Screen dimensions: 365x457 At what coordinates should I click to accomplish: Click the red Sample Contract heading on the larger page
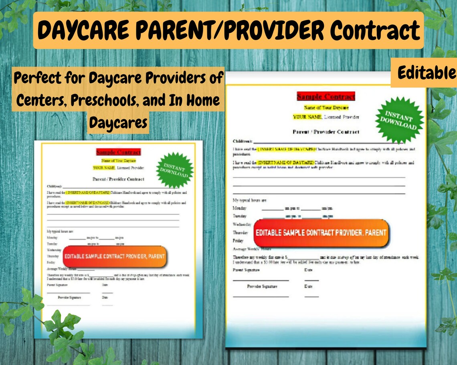[326, 96]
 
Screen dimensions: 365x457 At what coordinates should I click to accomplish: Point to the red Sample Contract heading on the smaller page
[119, 152]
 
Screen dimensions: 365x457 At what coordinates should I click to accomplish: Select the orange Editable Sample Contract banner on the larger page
[321, 233]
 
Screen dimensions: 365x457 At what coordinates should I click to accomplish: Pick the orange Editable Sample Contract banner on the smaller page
[115, 257]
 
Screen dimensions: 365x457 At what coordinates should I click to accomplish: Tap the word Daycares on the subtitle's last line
[118, 123]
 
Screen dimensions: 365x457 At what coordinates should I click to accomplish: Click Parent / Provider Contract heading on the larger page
[326, 132]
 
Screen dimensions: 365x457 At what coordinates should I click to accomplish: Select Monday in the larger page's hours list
[239, 208]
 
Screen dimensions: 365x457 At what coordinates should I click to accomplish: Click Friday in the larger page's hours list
[238, 241]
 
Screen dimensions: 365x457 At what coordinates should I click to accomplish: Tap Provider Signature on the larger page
[262, 287]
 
